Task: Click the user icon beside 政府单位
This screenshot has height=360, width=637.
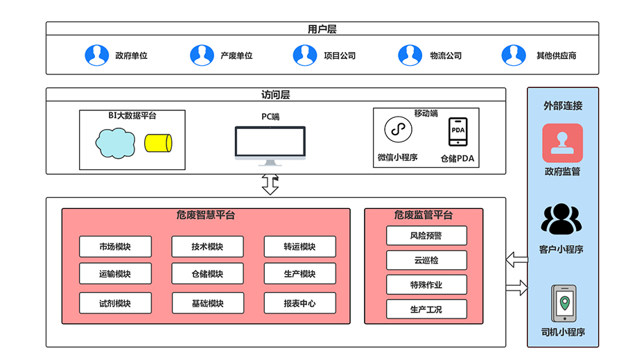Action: tap(97, 55)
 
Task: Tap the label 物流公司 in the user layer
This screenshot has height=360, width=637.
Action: tap(445, 55)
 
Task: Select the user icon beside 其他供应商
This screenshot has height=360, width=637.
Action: tap(514, 55)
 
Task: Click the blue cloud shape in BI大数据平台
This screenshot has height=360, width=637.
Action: tap(115, 143)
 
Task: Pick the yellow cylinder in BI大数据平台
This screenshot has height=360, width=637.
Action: tap(157, 143)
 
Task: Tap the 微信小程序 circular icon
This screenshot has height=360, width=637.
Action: tap(398, 130)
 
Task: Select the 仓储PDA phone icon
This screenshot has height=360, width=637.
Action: tap(457, 132)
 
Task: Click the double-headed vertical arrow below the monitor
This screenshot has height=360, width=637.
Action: tap(270, 185)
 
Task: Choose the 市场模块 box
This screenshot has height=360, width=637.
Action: tap(115, 246)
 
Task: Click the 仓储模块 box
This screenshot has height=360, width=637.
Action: tap(207, 273)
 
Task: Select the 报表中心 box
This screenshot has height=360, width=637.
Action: tap(299, 303)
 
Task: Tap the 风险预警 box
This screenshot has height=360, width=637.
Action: tap(426, 236)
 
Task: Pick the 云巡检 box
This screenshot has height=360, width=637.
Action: tap(426, 260)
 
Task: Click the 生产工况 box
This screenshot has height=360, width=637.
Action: tap(426, 309)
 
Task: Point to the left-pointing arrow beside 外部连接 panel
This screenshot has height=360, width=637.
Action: tap(516, 260)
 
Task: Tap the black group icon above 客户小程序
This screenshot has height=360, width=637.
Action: tap(562, 220)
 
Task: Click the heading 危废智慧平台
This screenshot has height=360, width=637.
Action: tap(206, 215)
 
